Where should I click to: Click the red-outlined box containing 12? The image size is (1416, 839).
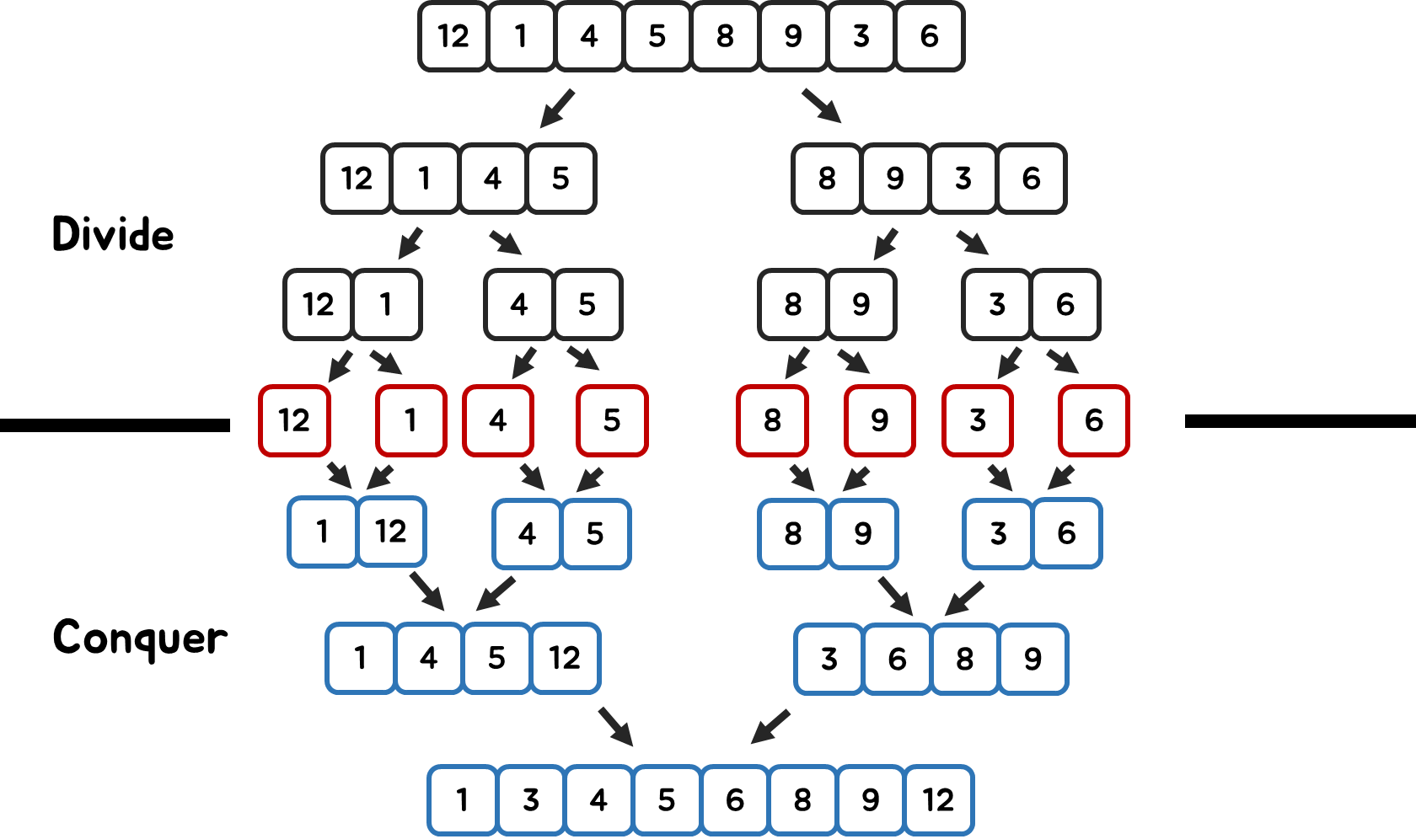pos(294,420)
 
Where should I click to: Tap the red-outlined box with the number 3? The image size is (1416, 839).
pos(978,420)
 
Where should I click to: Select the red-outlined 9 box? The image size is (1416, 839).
pos(879,420)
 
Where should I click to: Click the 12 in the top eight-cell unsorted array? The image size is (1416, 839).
pos(453,36)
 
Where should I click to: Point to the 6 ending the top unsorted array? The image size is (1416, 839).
pos(929,36)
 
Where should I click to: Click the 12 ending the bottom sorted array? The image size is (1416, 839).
pos(938,800)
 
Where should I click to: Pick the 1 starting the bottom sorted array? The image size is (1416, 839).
pos(462,800)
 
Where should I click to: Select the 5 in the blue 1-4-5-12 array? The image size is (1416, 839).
pos(496,658)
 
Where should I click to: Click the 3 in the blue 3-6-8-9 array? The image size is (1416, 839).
pos(829,659)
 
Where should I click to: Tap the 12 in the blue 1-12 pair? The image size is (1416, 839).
pos(391,532)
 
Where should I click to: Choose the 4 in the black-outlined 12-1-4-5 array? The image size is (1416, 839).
pos(492,179)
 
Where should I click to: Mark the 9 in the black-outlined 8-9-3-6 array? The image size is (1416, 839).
pos(895,179)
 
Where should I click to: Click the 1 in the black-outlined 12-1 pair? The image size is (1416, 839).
pos(386,304)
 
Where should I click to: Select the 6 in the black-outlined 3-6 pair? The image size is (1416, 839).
pos(1065,304)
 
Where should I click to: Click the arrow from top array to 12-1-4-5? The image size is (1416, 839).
pos(557,109)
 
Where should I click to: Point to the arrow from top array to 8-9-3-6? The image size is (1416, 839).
pos(821,106)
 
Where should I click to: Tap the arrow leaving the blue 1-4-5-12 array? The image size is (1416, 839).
pos(616,726)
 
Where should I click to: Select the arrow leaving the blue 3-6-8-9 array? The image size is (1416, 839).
pos(770,726)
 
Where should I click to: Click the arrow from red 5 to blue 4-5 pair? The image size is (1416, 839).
pos(589,479)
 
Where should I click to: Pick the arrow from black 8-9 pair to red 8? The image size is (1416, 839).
pos(797,363)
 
